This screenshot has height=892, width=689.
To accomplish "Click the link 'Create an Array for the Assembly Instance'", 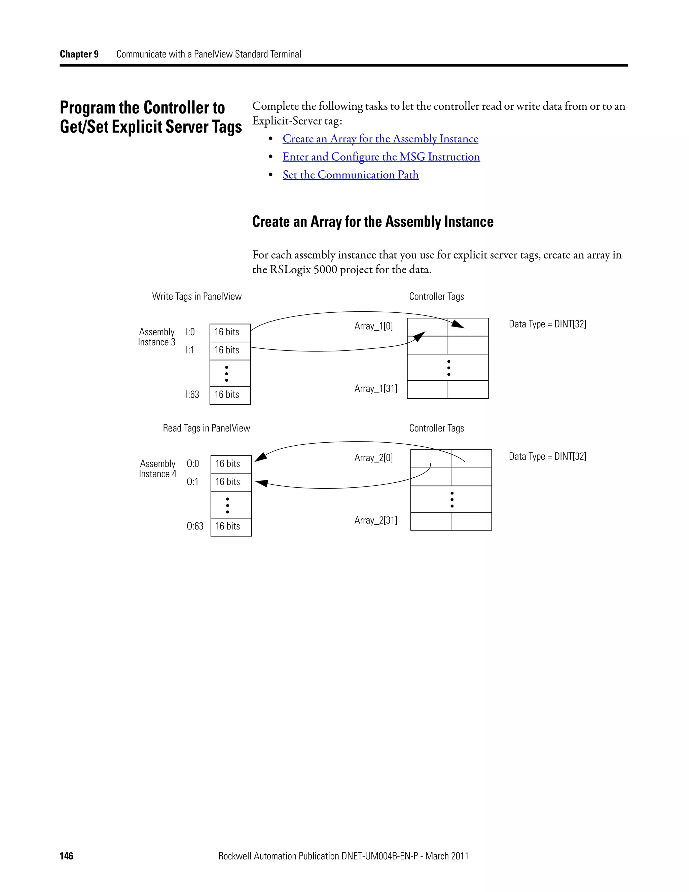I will point(380,139).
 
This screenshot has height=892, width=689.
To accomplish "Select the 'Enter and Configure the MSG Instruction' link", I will point(381,157).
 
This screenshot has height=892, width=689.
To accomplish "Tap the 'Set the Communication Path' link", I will point(350,175).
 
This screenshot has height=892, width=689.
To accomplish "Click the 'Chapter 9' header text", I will point(79,54).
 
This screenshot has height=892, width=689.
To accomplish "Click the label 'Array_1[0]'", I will point(373,326).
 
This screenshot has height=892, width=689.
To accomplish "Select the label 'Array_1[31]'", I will point(375,388).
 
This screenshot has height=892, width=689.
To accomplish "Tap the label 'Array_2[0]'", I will point(373,458).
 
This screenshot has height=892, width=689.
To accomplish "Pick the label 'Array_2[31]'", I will point(375,520).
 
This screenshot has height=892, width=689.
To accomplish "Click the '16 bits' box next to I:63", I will point(230,395).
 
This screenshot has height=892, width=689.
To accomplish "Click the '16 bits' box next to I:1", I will point(230,350).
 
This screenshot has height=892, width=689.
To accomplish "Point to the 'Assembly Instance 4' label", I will point(157,469).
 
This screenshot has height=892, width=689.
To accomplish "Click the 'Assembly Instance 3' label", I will point(157,337).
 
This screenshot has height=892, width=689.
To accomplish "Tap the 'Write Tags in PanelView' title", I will point(197,297).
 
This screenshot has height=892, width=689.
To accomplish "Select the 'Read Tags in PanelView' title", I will point(206,428).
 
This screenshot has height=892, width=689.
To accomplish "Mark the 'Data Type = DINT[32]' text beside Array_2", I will point(547,457).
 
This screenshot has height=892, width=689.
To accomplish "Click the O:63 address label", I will point(195,526).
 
